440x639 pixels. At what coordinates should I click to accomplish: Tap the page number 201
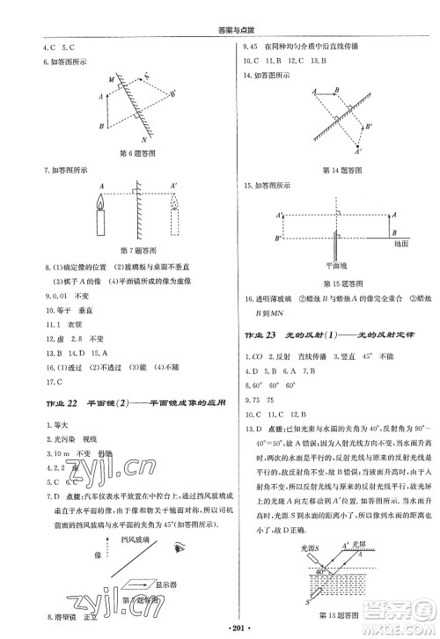point(219,630)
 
